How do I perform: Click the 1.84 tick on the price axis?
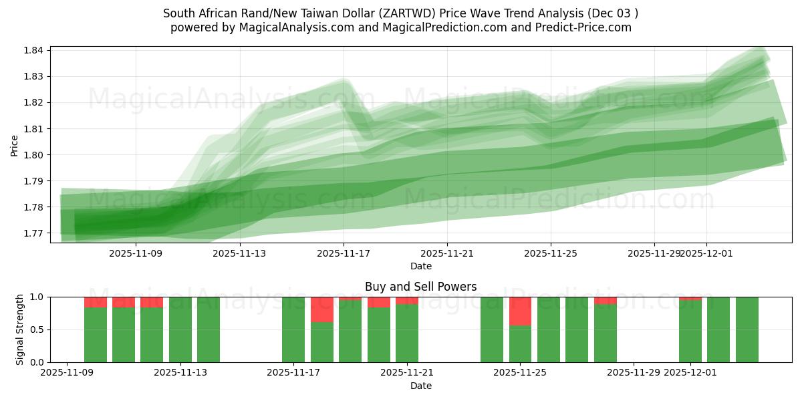coord(33,50)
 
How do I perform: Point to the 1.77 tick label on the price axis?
coord(33,233)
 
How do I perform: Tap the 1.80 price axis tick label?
coord(33,155)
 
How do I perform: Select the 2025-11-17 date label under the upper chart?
coord(344,253)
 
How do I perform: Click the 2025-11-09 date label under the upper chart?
coord(136,253)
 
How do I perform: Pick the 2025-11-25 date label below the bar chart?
coord(520,373)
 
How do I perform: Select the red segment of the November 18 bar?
coord(322,309)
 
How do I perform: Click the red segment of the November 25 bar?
coord(520,311)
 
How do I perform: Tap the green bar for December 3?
coord(747,329)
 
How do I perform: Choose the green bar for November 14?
coord(209,329)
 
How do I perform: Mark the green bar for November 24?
coord(492,329)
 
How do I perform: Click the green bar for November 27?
coord(577,329)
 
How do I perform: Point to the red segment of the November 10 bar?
coord(96,302)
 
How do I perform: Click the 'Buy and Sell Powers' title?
coord(421,287)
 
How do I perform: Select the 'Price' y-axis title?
coord(14,145)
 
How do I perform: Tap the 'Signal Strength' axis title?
coord(19,329)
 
